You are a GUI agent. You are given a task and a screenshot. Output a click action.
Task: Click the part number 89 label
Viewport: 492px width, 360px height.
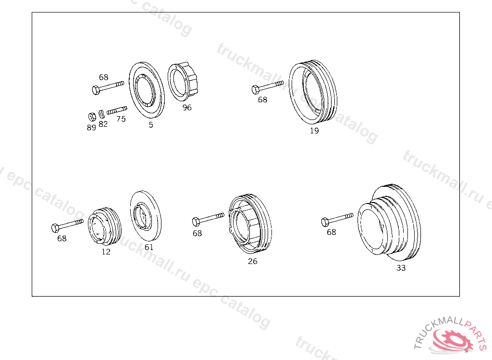[x=91, y=128]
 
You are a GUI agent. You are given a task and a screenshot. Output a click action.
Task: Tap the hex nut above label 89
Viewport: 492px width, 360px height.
[x=92, y=117]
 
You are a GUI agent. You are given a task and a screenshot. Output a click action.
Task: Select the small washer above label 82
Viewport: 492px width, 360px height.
[x=101, y=114]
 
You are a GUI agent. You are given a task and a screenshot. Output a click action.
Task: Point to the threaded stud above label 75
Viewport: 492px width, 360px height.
[x=117, y=110]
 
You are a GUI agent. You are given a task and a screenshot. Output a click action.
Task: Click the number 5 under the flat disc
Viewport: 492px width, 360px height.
[x=151, y=125]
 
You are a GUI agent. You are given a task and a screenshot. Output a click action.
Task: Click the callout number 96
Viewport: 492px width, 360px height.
[x=187, y=108]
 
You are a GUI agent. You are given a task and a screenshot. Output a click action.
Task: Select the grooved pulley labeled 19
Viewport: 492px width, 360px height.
[x=313, y=93]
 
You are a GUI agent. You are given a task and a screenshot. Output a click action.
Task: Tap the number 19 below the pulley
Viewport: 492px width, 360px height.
[x=314, y=131]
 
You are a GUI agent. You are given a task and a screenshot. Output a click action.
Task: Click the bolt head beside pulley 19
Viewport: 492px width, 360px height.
[x=256, y=90]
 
